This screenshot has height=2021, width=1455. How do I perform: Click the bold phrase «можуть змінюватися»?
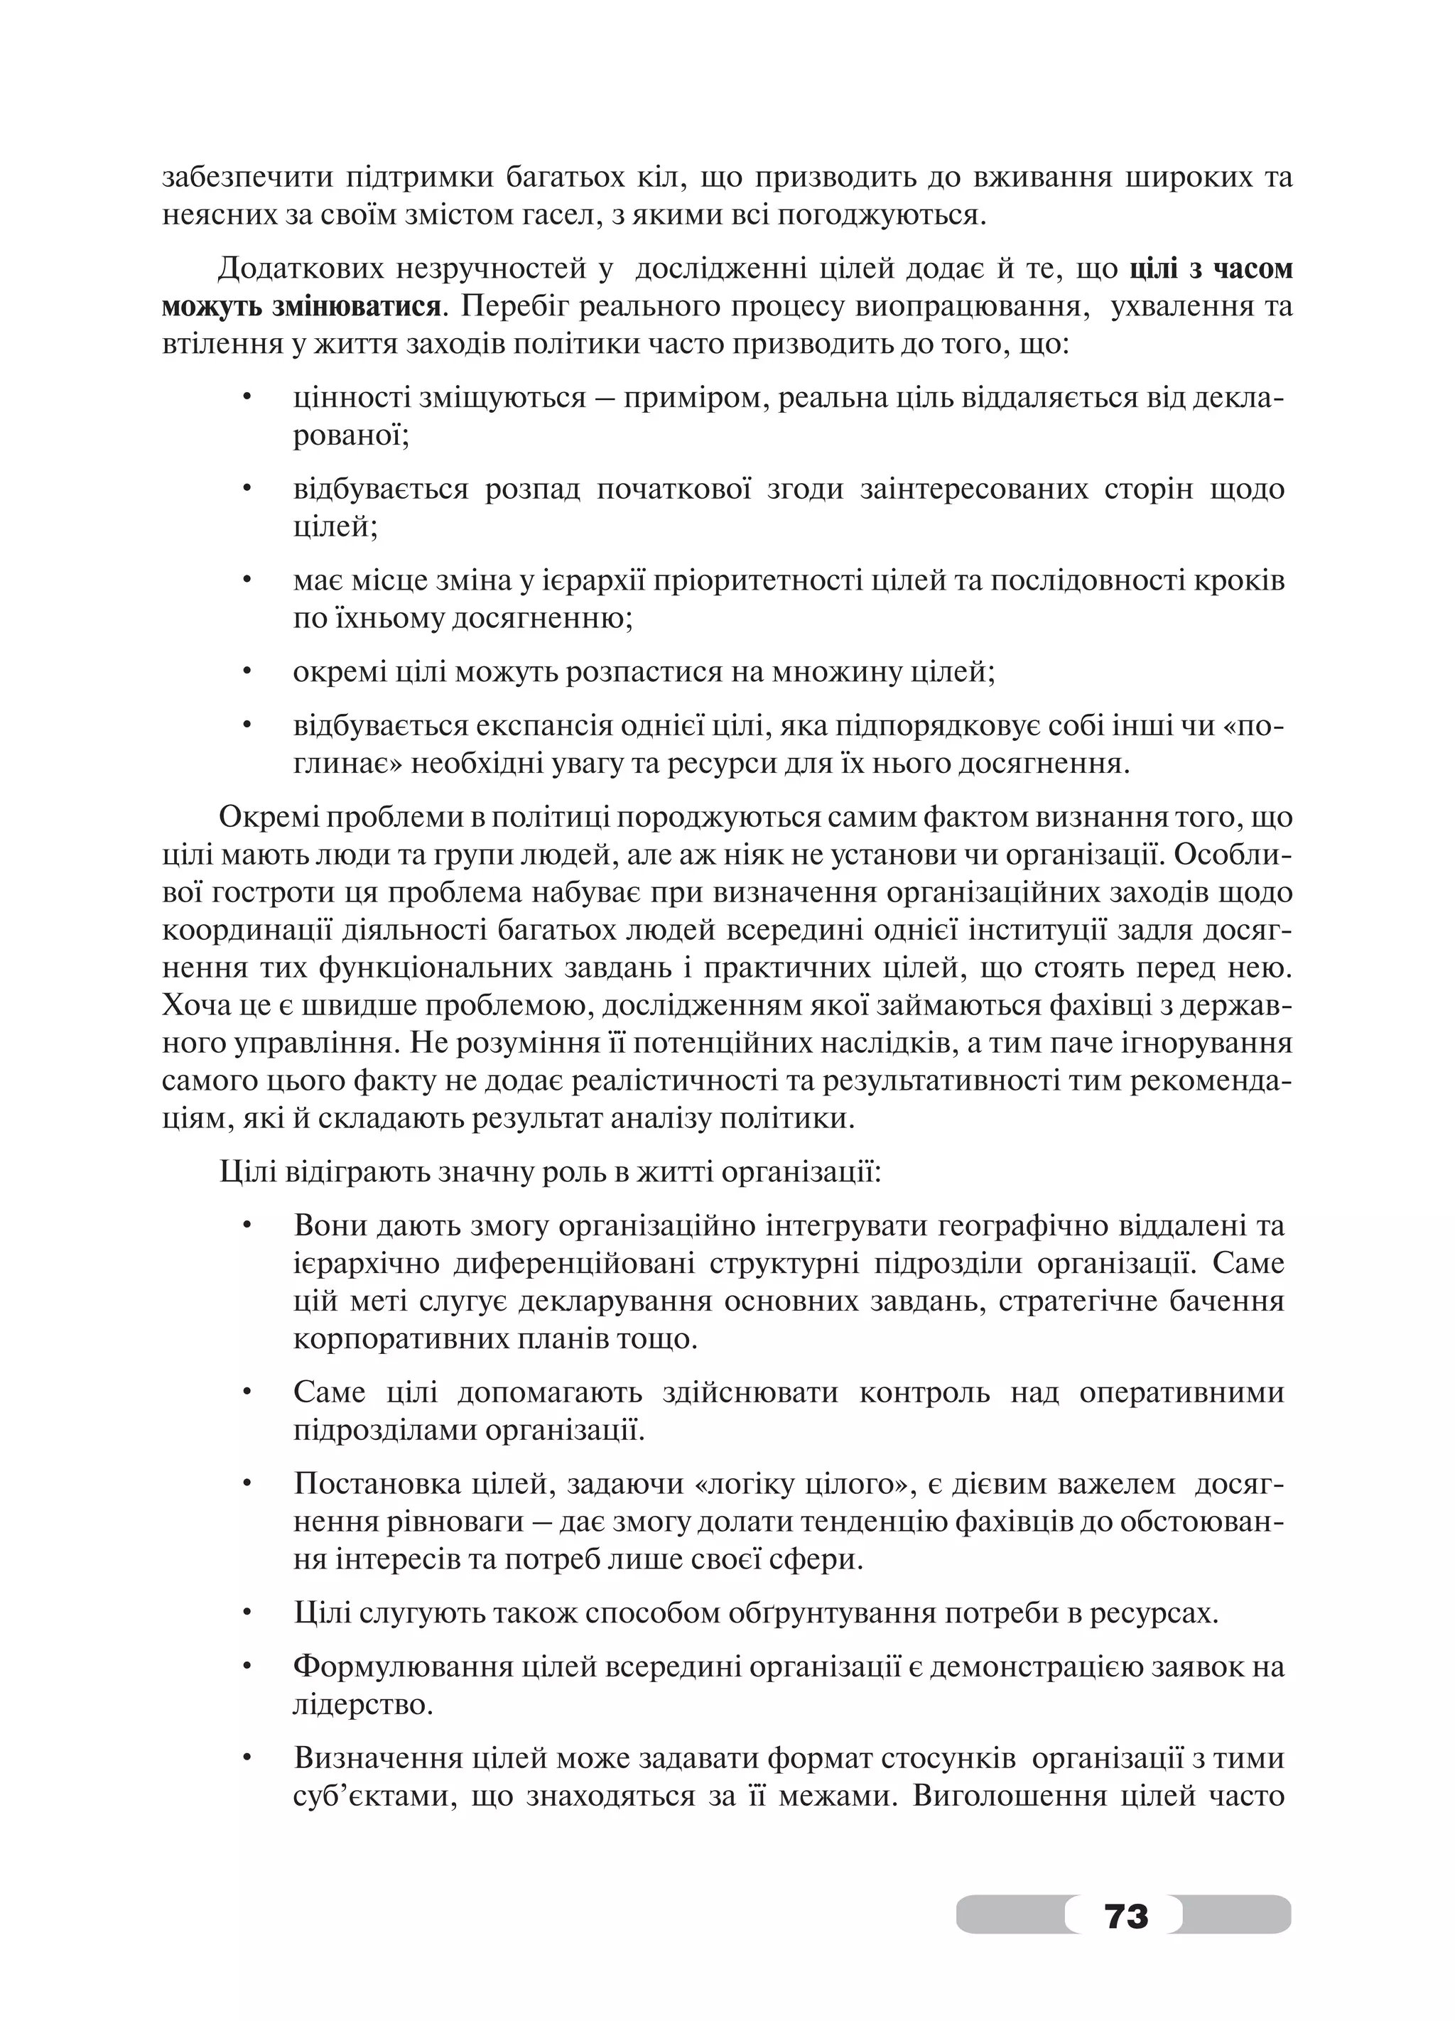[301, 308]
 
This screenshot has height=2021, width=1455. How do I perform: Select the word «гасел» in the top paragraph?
[558, 216]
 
